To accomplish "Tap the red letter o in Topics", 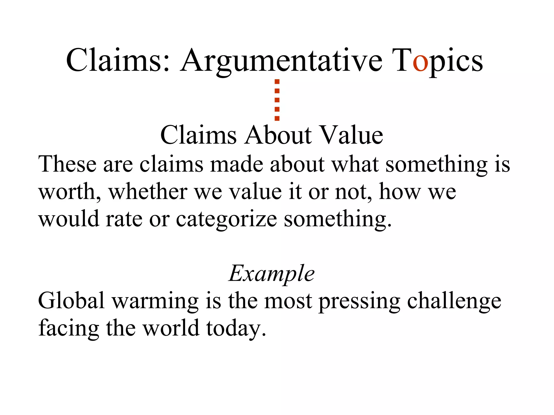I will (x=420, y=63).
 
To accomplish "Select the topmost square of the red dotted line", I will (x=277, y=82).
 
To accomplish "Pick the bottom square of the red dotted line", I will (x=277, y=118).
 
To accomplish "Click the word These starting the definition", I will (x=67, y=164).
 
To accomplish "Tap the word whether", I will (x=148, y=192).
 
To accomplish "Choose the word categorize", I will (x=227, y=219).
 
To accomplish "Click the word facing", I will (x=69, y=329).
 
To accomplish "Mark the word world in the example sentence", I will (x=171, y=328).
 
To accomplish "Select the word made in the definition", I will (x=237, y=164).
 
